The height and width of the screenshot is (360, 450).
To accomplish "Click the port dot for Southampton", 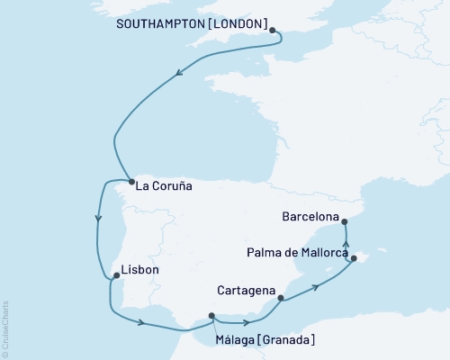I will [273, 30].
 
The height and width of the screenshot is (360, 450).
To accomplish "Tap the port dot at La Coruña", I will [130, 178].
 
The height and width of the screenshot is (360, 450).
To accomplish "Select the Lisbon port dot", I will [112, 277].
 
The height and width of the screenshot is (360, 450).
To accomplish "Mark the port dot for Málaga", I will [211, 315].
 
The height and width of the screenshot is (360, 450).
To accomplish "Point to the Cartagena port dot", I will [281, 298].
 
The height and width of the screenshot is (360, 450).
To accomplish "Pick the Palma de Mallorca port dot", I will [354, 259].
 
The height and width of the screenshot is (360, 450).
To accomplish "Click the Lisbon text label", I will [139, 270].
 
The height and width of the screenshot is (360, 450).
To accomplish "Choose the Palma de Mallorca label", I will [296, 254].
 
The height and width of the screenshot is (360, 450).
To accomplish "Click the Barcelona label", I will [310, 218].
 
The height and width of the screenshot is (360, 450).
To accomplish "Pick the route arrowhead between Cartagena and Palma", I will [316, 287].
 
